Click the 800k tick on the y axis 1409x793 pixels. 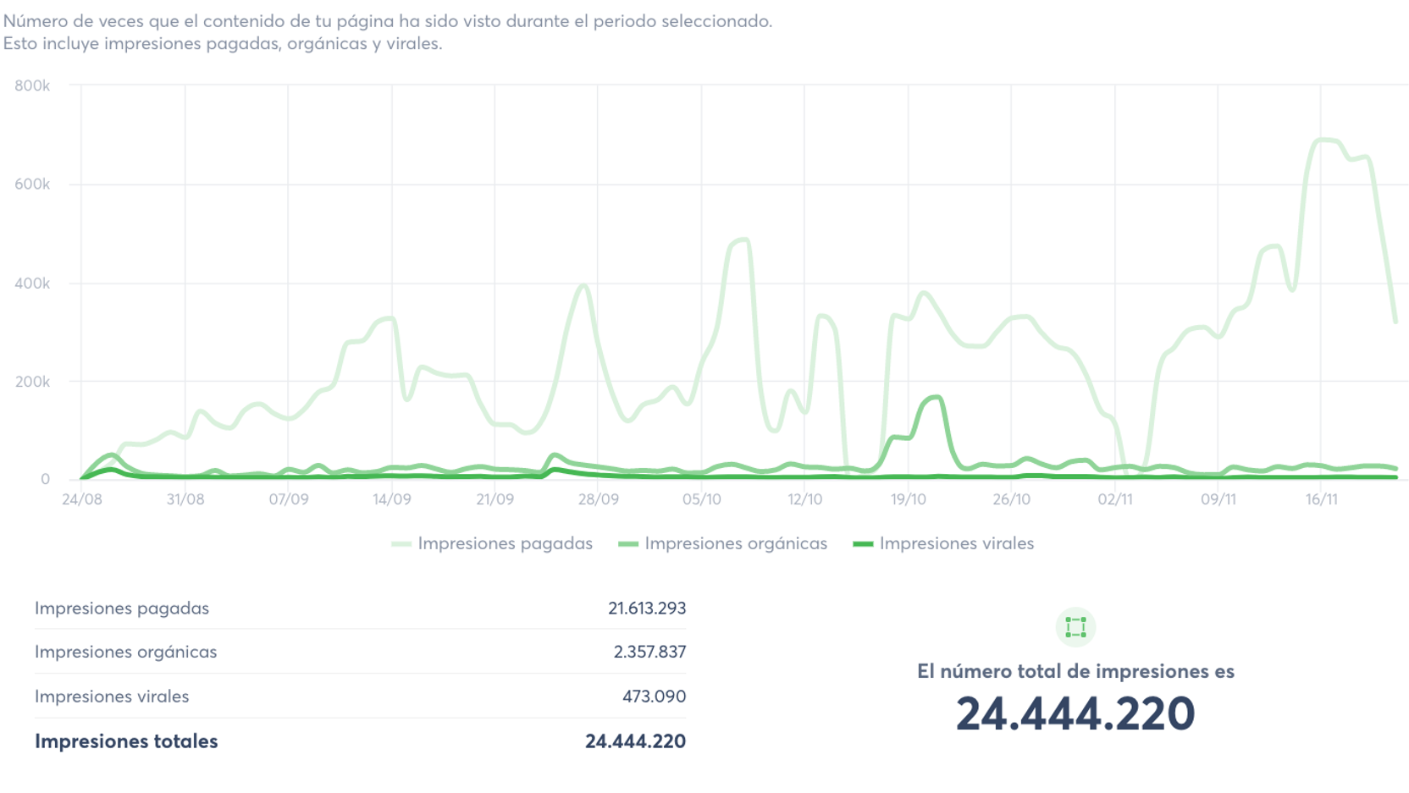[32, 85]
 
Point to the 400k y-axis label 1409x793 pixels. [32, 284]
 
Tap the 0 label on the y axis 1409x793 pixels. [45, 479]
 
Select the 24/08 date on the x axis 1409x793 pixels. [82, 499]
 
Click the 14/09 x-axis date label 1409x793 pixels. [392, 499]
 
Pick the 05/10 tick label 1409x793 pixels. [702, 499]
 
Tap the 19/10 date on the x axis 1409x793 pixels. [909, 499]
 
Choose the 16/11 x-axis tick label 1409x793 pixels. [1322, 499]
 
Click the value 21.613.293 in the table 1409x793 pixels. [647, 608]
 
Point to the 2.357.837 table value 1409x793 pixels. [649, 652]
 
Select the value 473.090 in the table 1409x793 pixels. [654, 697]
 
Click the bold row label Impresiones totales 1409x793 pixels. [126, 741]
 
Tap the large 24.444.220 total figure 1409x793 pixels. [1075, 713]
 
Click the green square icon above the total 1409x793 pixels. [1075, 627]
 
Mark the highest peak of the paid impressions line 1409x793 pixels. [1324, 140]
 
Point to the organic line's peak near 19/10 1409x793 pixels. [936, 397]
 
